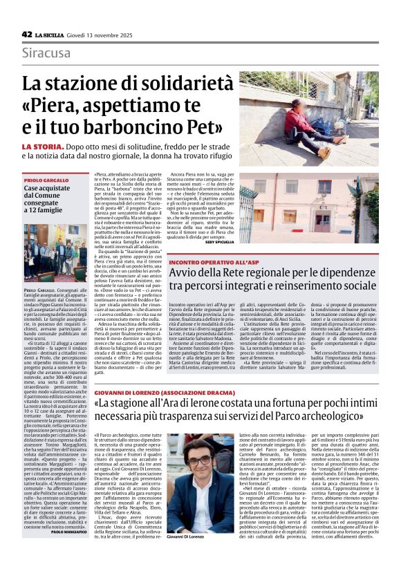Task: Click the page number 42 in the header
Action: (x=27, y=34)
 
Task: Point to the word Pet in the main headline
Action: (x=212, y=128)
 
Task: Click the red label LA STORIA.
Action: (x=45, y=147)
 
